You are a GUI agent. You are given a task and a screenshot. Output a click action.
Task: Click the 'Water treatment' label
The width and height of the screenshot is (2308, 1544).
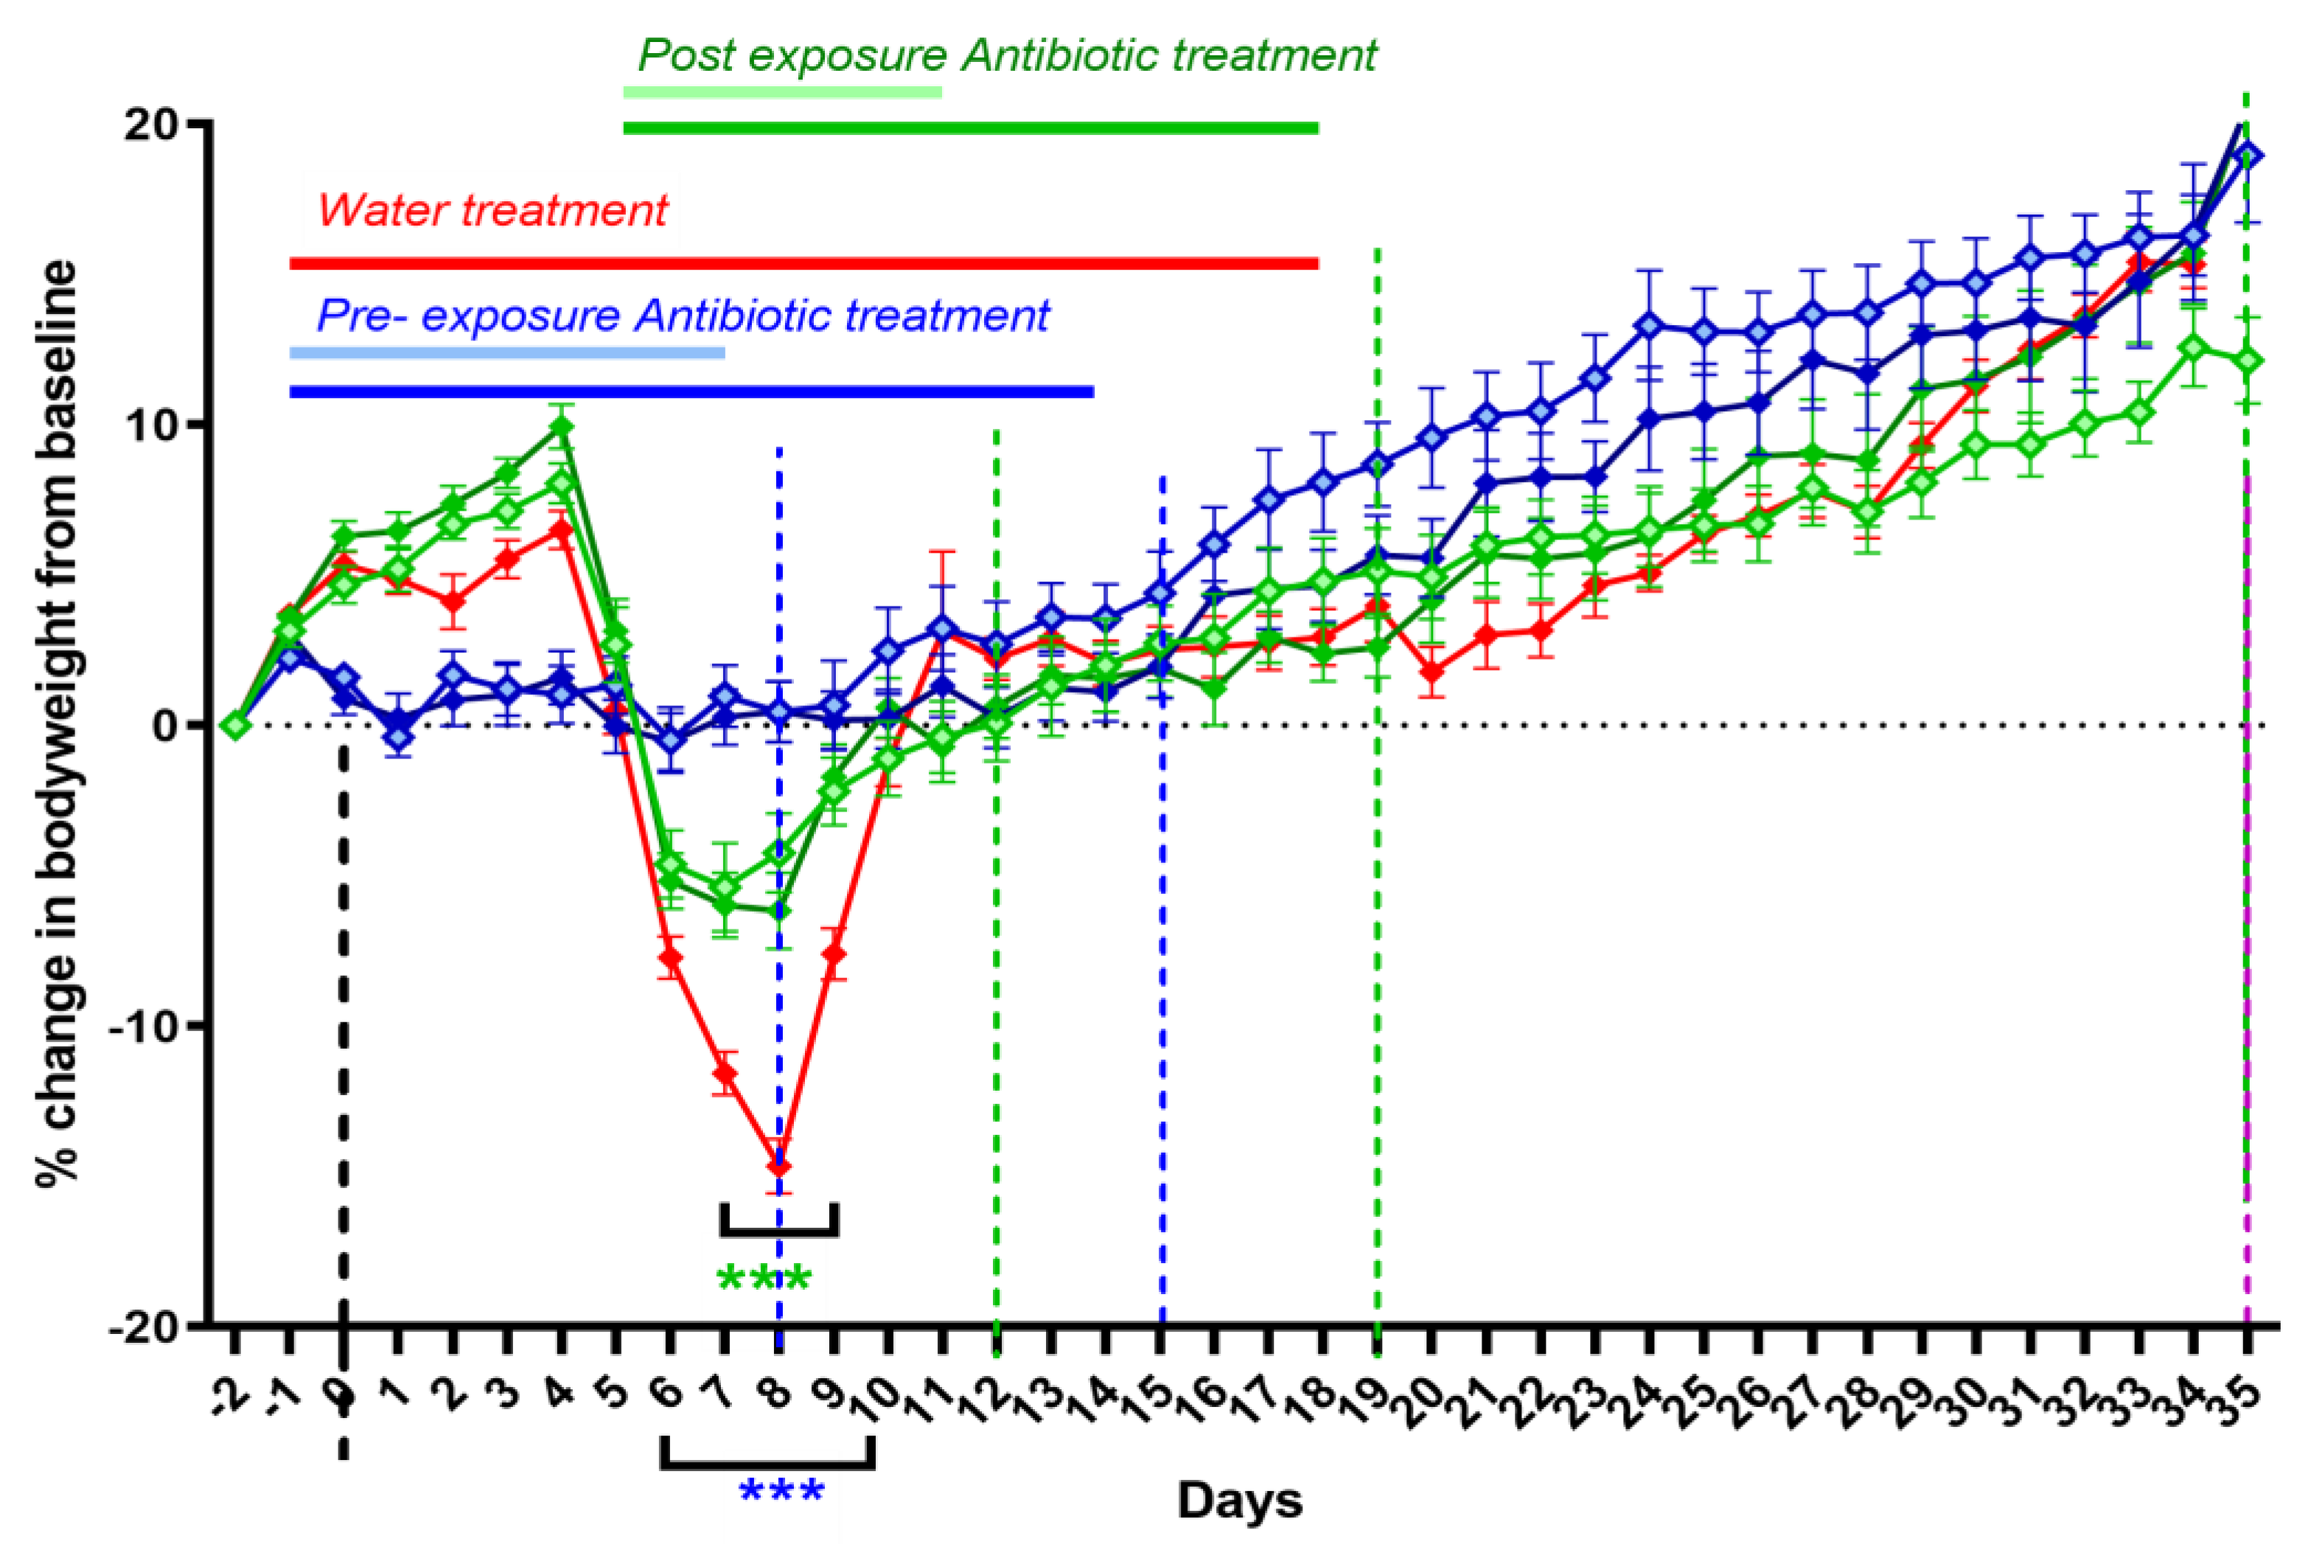click(492, 211)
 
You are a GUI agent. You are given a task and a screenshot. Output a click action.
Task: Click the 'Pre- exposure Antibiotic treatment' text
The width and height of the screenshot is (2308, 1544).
click(683, 316)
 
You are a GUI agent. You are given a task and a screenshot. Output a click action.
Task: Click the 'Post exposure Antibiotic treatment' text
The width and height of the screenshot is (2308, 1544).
click(1006, 55)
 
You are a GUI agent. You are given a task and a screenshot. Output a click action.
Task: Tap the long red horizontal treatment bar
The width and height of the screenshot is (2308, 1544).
click(803, 264)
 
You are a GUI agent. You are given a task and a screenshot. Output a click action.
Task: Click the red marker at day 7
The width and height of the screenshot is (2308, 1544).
click(725, 1073)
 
